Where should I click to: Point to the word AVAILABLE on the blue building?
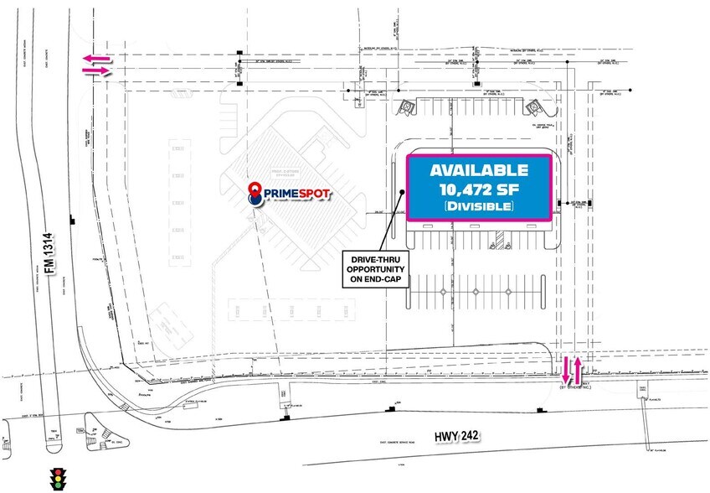click(x=479, y=169)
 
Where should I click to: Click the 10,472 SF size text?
click(x=479, y=188)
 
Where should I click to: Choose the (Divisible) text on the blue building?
click(x=479, y=205)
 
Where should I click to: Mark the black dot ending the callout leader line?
click(x=403, y=192)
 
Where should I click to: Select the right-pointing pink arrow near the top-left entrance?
click(x=96, y=71)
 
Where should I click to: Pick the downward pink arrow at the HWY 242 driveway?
click(x=566, y=366)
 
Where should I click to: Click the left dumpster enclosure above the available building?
click(x=406, y=107)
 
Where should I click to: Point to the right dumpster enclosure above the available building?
click(x=532, y=107)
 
